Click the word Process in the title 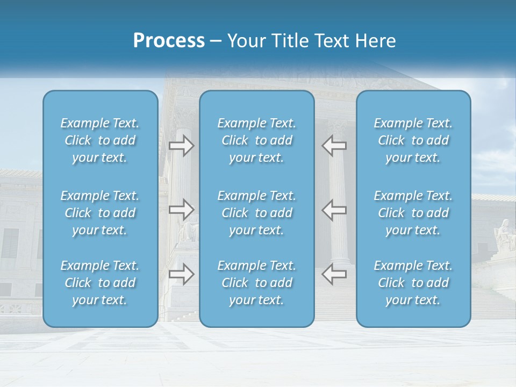(x=169, y=41)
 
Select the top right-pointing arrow (x=181, y=146)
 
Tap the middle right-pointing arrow (x=181, y=210)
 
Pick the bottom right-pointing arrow (x=181, y=274)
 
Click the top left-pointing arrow (x=334, y=146)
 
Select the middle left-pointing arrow (x=334, y=210)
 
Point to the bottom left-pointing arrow (x=334, y=274)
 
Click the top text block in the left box (x=100, y=140)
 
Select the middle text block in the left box (x=100, y=213)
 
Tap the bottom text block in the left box (x=100, y=283)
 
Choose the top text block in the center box (x=257, y=140)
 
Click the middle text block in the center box (x=257, y=213)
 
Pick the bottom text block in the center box (x=257, y=283)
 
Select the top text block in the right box (x=413, y=140)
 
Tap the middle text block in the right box (x=413, y=213)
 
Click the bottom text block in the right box (x=413, y=283)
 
